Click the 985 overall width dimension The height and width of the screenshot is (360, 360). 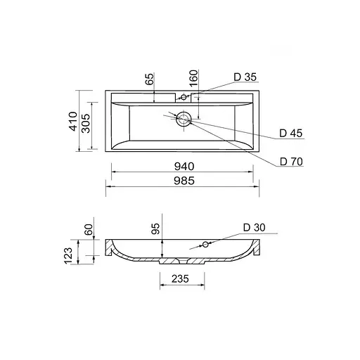[x=184, y=181]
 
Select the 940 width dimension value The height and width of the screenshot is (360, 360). [x=184, y=167]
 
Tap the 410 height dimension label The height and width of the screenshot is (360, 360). [x=74, y=121]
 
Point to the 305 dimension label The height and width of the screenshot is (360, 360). [x=86, y=123]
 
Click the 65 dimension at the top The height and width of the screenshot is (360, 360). [x=150, y=79]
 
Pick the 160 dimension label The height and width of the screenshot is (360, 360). [x=194, y=78]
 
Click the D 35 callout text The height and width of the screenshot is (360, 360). [x=245, y=77]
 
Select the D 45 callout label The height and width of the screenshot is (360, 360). [x=291, y=133]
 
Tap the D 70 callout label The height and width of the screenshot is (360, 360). [x=291, y=162]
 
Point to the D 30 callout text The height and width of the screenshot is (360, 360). [x=254, y=227]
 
